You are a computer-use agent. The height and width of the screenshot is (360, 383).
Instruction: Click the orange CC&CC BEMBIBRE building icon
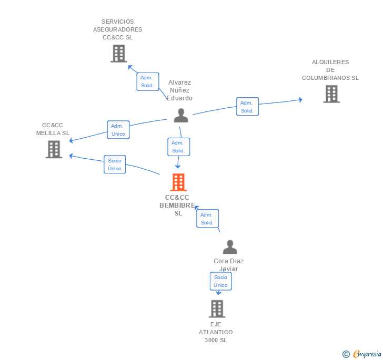pyautogui.click(x=179, y=182)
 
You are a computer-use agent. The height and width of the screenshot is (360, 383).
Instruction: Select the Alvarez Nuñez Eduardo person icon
pyautogui.click(x=181, y=115)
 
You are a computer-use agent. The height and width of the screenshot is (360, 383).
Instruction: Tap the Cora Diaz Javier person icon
pyautogui.click(x=230, y=247)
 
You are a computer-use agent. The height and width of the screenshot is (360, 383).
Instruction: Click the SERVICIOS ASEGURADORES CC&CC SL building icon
pyautogui.click(x=119, y=53)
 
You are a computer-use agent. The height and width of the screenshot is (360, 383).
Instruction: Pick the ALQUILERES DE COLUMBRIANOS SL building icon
pyautogui.click(x=331, y=94)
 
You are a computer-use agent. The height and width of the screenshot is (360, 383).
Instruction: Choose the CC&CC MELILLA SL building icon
pyautogui.click(x=54, y=149)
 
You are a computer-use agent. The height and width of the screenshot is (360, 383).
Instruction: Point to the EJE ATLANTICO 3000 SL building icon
pyautogui.click(x=217, y=308)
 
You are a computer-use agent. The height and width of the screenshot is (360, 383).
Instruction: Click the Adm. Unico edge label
pyautogui.click(x=118, y=130)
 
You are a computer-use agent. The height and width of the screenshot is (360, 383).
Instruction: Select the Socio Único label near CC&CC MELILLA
pyautogui.click(x=115, y=164)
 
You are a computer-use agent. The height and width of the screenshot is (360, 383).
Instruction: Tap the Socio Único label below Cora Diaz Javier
pyautogui.click(x=221, y=281)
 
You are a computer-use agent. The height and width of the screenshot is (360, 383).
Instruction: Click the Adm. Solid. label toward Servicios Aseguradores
pyautogui.click(x=147, y=81)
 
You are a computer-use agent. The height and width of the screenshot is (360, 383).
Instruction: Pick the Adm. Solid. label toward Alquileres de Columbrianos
pyautogui.click(x=247, y=107)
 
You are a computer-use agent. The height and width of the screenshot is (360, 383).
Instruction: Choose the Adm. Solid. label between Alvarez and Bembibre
pyautogui.click(x=178, y=147)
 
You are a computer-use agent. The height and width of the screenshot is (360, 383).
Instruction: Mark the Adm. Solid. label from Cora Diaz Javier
pyautogui.click(x=207, y=218)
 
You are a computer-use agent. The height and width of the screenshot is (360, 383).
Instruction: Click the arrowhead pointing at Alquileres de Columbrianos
pyautogui.click(x=300, y=99)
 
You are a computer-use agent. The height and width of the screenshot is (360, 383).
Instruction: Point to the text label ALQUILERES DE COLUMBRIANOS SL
pyautogui.click(x=330, y=70)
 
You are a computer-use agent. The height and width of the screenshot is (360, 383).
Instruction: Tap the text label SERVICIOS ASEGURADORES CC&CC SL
pyautogui.click(x=118, y=29)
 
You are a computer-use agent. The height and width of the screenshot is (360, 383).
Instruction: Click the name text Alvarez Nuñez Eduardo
pyautogui.click(x=179, y=90)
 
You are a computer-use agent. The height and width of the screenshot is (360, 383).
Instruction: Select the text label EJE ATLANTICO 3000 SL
pyautogui.click(x=216, y=332)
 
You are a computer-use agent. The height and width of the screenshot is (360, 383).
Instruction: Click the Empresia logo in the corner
pyautogui.click(x=362, y=354)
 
